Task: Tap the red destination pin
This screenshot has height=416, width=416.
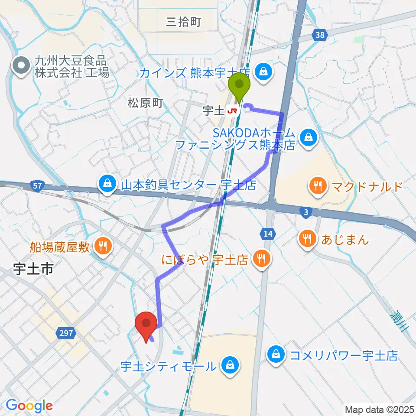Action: pos(146,323)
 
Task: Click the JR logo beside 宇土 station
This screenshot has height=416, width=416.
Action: pos(233,111)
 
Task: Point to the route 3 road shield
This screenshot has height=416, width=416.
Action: pos(306,211)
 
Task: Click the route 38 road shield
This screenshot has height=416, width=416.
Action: pos(319,36)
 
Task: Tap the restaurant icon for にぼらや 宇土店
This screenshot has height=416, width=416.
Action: pos(261,259)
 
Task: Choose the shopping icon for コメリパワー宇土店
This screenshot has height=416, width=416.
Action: pos(276,355)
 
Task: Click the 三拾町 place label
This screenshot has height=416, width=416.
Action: pos(184,22)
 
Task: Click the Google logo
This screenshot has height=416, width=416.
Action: pos(29,405)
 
